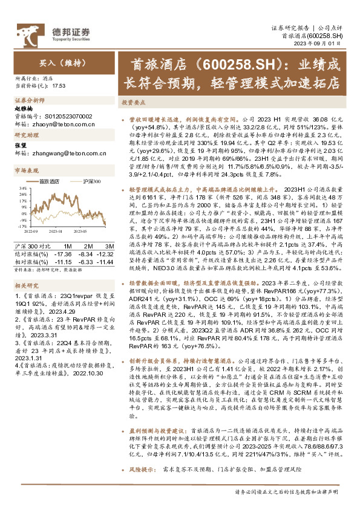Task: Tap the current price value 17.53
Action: click(59, 86)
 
